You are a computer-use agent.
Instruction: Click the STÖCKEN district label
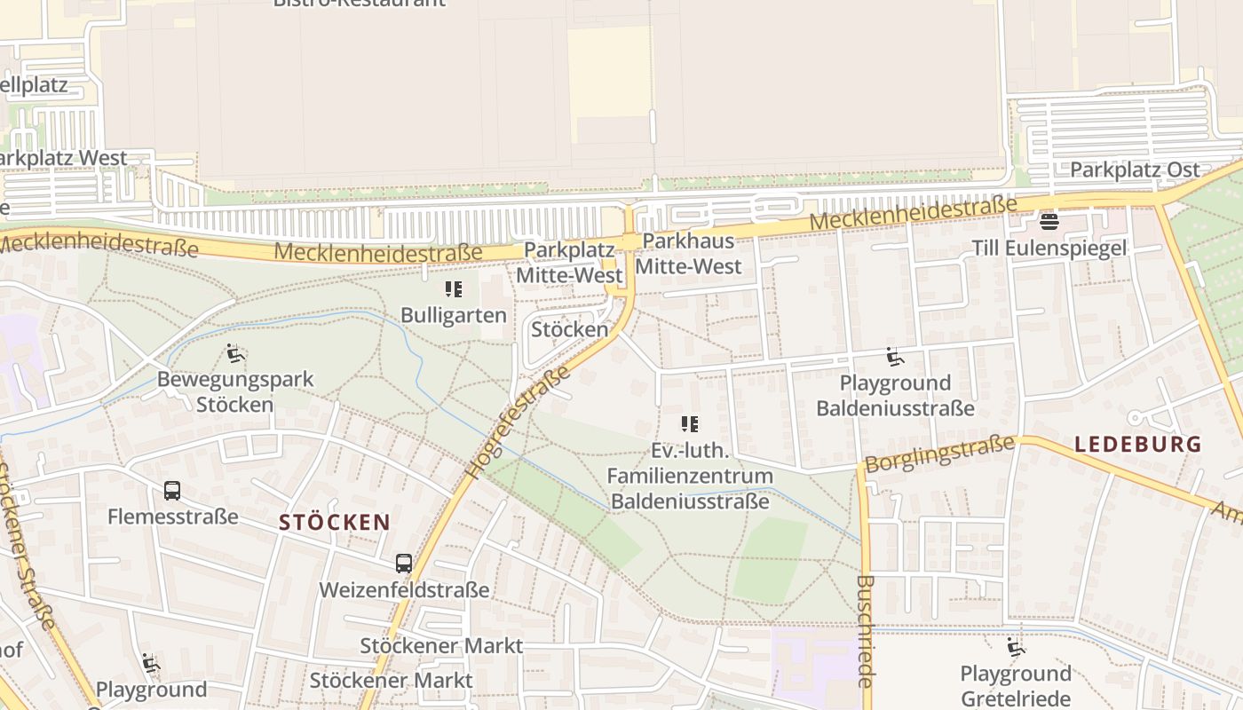[335, 522]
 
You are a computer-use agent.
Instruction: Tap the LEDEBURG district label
[1137, 445]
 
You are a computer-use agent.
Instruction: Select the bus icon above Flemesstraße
[172, 490]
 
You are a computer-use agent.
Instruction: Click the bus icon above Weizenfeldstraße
[404, 563]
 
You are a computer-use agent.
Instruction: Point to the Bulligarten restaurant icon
[454, 289]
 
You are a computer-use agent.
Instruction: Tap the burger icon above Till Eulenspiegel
[1049, 221]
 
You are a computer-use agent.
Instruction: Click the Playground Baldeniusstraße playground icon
[895, 357]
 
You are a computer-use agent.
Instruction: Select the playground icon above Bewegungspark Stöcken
[235, 353]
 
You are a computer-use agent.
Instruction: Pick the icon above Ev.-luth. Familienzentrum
[689, 424]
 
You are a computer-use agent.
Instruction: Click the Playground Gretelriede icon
[1016, 647]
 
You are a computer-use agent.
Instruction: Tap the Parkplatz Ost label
[1135, 170]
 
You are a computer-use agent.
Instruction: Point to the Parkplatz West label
[64, 158]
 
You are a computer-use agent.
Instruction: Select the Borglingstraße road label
[939, 454]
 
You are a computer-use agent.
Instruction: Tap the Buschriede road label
[867, 631]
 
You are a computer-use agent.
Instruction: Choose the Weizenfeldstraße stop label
[404, 589]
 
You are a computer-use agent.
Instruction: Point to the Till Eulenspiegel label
[1049, 248]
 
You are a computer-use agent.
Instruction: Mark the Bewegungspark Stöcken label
[235, 391]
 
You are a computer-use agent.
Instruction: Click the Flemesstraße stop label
[173, 516]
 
